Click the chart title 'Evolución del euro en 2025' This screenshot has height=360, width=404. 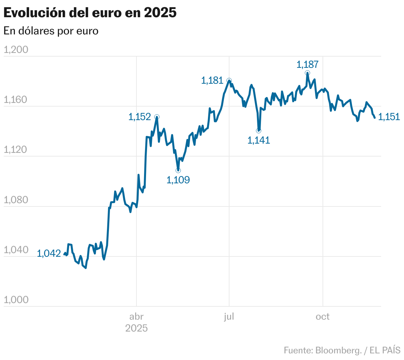(x=90, y=13)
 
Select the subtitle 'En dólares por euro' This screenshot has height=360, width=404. (x=51, y=31)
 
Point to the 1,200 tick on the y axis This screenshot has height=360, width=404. (x=16, y=50)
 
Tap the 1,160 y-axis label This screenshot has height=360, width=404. (x=16, y=100)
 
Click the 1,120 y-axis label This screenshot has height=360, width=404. (x=16, y=150)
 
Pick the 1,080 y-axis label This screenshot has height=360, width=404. (x=16, y=200)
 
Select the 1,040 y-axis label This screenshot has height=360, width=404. (x=16, y=250)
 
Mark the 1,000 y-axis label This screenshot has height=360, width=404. (x=16, y=300)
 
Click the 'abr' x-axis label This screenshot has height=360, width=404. (x=136, y=317)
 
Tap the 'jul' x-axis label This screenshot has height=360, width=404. (x=229, y=317)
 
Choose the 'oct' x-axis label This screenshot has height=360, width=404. (x=323, y=317)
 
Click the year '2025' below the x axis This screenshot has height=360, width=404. (x=136, y=328)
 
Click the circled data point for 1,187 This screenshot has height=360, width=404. (x=308, y=73)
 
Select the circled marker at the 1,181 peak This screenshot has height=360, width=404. (x=229, y=80)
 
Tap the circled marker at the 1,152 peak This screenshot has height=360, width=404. (x=157, y=117)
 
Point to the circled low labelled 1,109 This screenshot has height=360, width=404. (x=178, y=170)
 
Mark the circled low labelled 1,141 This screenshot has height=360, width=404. (x=259, y=131)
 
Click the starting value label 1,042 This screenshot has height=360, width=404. (x=49, y=253)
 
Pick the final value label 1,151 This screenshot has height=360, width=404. (x=389, y=116)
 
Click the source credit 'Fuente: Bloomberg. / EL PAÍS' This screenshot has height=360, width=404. (x=342, y=350)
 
